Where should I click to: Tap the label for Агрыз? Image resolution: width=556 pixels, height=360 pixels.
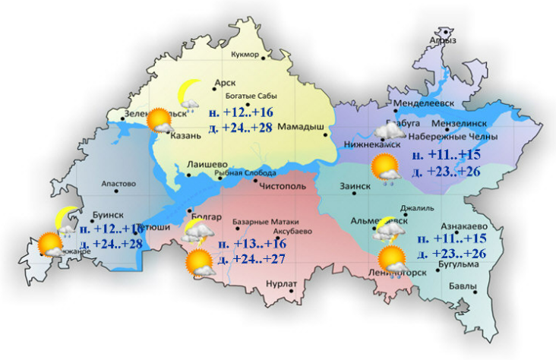[442, 41]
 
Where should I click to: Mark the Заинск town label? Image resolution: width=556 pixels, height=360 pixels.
[354, 185]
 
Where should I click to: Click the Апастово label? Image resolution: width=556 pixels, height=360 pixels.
[118, 184]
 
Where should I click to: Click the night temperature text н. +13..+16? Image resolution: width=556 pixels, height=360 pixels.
[252, 244]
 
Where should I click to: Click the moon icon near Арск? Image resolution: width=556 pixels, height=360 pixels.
[188, 93]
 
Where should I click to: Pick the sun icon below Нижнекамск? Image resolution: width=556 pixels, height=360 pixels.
[384, 166]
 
